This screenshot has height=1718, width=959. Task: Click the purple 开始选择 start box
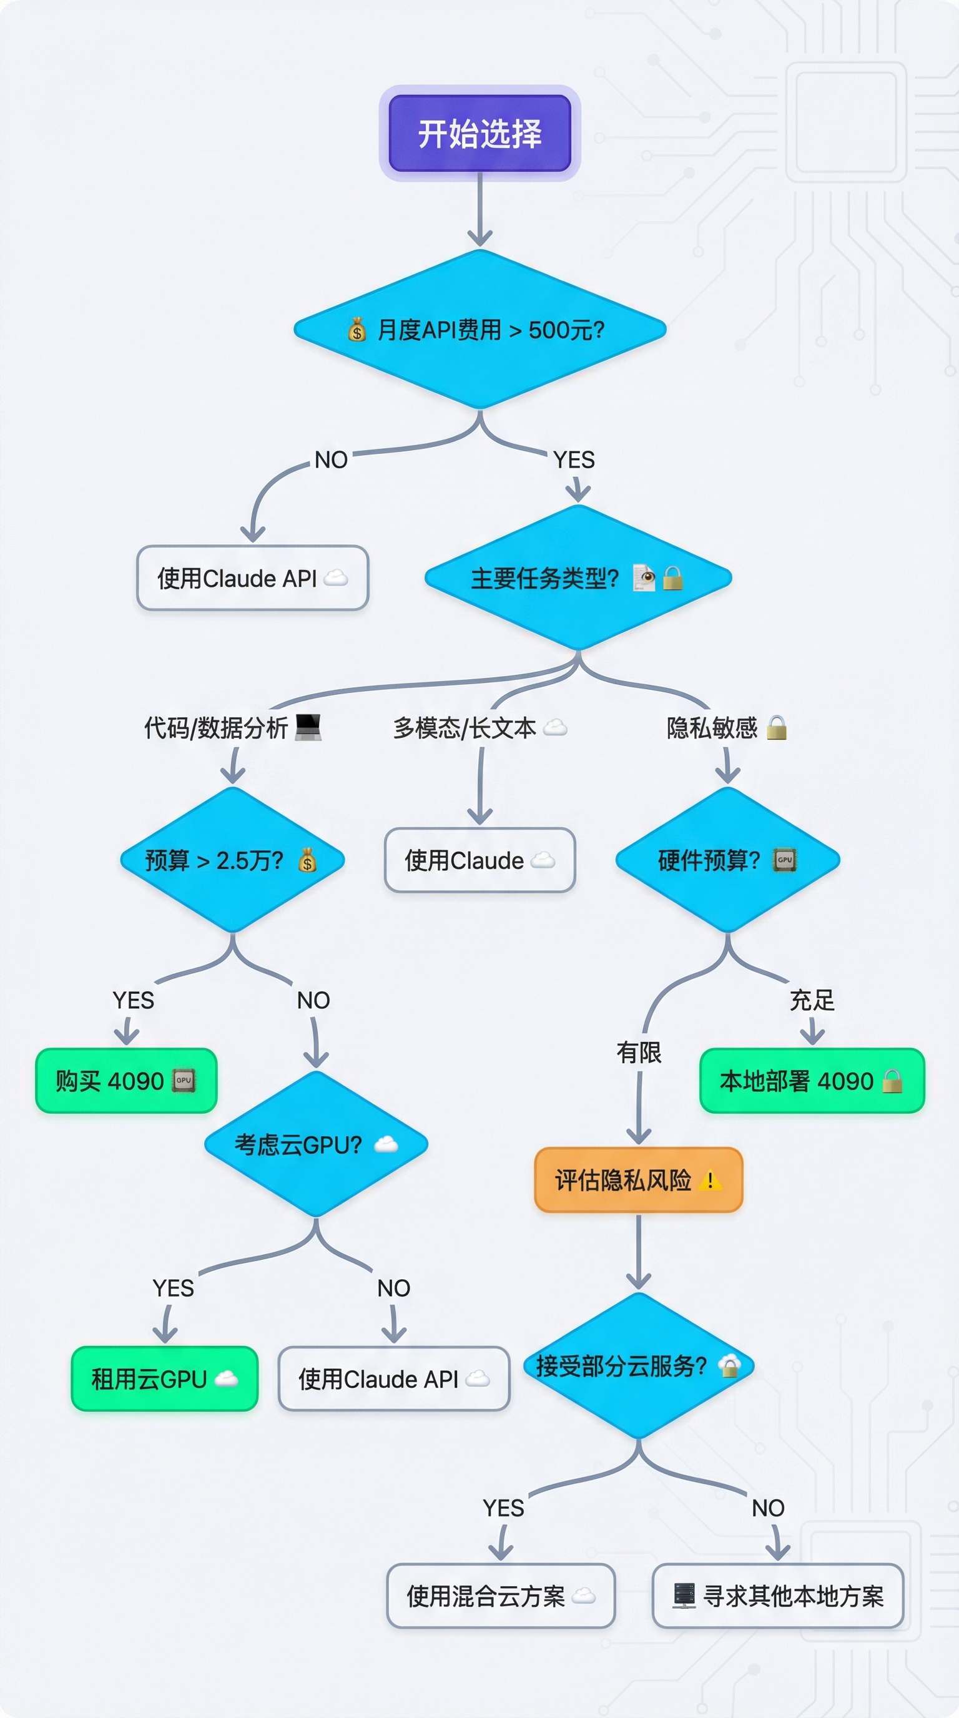pyautogui.click(x=479, y=134)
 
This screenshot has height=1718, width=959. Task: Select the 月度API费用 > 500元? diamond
pyautogui.click(x=479, y=330)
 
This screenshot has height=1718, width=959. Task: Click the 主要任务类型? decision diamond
pyautogui.click(x=578, y=577)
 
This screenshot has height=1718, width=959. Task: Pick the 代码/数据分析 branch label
pyautogui.click(x=216, y=728)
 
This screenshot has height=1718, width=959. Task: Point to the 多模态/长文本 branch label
pyautogui.click(x=465, y=728)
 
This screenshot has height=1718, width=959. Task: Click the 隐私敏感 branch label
pyautogui.click(x=712, y=728)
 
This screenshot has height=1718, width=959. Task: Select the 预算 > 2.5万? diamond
pyautogui.click(x=232, y=860)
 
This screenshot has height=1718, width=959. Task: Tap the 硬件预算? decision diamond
pyautogui.click(x=727, y=860)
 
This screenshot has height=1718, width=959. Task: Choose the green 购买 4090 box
pyautogui.click(x=126, y=1081)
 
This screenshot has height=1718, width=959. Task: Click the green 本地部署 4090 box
pyautogui.click(x=812, y=1081)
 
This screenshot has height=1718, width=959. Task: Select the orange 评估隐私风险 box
pyautogui.click(x=638, y=1181)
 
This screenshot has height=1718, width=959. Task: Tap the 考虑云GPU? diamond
pyautogui.click(x=315, y=1145)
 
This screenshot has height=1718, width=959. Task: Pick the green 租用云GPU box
pyautogui.click(x=164, y=1378)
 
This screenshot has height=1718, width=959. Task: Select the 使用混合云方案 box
pyautogui.click(x=500, y=1596)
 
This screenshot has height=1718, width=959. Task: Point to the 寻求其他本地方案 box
pyautogui.click(x=777, y=1596)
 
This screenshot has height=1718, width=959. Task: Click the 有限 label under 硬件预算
pyautogui.click(x=638, y=1053)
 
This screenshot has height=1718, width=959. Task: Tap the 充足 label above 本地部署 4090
pyautogui.click(x=812, y=1000)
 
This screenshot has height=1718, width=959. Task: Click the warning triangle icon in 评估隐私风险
pyautogui.click(x=711, y=1181)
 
